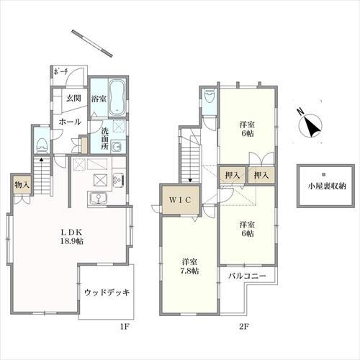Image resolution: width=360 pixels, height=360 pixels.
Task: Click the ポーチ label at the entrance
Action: click(60, 72)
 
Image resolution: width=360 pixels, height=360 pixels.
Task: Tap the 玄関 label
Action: click(73, 99)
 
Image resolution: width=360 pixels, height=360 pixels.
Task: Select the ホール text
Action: click(69, 122)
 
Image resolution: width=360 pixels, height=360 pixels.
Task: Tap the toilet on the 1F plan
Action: click(42, 139)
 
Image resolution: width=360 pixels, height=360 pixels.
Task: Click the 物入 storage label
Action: click(21, 185)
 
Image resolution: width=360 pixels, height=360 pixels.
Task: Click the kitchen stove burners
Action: click(101, 179)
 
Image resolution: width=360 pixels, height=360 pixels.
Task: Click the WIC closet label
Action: click(179, 200)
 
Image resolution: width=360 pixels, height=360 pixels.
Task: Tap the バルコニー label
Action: click(247, 276)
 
